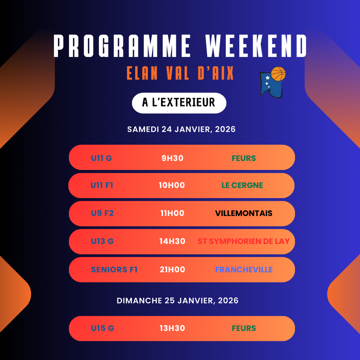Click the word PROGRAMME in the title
pos(122,46)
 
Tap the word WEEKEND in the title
pos(256,46)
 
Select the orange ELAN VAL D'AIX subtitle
pos(180,73)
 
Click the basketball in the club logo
pos(278,74)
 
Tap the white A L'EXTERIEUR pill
pos(179,103)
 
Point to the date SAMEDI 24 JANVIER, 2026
pos(181,129)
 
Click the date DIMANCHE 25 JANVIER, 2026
pos(177,301)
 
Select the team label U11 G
pos(102,158)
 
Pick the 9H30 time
pos(172,158)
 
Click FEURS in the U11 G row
pos(244,158)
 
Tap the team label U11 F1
pos(102,185)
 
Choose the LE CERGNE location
pos(242,185)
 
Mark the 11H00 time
pos(172,213)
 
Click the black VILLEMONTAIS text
pos(244,213)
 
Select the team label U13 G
pos(102,241)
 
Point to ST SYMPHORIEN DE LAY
pos(244,241)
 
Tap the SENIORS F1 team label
pos(114,270)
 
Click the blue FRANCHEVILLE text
pos(244,270)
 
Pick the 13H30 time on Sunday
pos(172,328)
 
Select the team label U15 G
pos(102,328)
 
